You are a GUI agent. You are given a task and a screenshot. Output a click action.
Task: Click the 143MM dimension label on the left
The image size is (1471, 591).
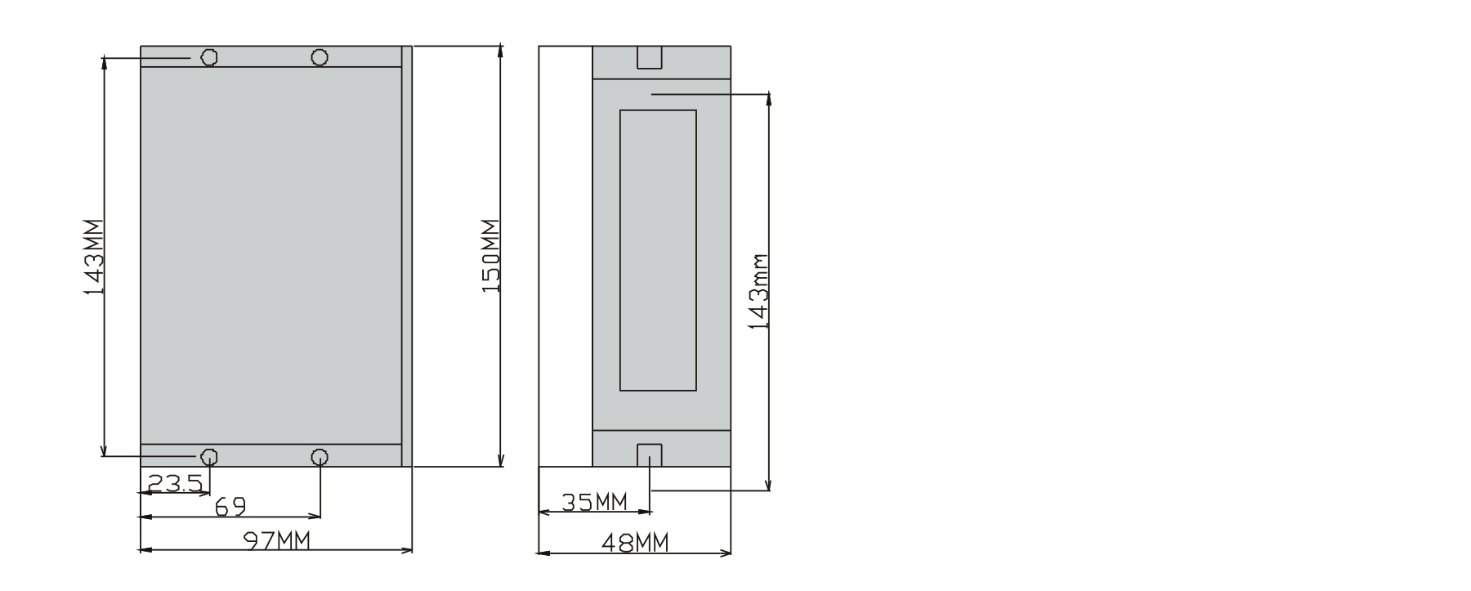pyautogui.click(x=94, y=257)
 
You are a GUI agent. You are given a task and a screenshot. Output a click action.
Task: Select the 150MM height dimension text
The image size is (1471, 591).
pyautogui.click(x=490, y=256)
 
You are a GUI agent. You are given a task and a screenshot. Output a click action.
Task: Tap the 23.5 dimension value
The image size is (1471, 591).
pyautogui.click(x=175, y=484)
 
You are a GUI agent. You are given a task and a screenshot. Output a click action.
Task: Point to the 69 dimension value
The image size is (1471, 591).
pyautogui.click(x=230, y=508)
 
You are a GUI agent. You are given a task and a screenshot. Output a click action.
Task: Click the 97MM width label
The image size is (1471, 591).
pyautogui.click(x=277, y=540)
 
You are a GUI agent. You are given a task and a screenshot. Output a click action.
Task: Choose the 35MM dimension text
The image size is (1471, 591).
pyautogui.click(x=594, y=501)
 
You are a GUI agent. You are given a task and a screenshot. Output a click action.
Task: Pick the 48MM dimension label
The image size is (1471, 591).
pyautogui.click(x=634, y=543)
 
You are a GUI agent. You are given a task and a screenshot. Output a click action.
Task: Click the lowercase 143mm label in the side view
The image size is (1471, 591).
pyautogui.click(x=759, y=291)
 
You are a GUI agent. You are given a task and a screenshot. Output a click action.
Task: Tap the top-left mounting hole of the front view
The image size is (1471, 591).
pyautogui.click(x=209, y=57)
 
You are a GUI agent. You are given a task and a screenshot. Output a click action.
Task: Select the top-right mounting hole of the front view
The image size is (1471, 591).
pyautogui.click(x=320, y=57)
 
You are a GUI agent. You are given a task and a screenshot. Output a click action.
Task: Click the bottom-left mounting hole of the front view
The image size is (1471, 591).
pyautogui.click(x=209, y=456)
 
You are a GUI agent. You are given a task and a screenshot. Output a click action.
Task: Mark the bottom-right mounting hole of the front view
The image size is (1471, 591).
pyautogui.click(x=320, y=456)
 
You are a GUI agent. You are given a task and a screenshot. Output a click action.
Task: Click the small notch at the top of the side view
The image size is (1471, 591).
pyautogui.click(x=649, y=57)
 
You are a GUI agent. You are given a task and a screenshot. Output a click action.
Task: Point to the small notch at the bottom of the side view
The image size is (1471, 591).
pyautogui.click(x=649, y=455)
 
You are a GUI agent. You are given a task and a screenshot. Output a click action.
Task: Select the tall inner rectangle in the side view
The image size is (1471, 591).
pyautogui.click(x=658, y=250)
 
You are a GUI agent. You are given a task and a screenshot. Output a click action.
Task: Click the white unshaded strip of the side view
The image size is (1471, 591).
pyautogui.click(x=565, y=256)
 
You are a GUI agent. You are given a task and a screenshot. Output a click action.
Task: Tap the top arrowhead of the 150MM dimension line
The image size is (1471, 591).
pyautogui.click(x=500, y=51)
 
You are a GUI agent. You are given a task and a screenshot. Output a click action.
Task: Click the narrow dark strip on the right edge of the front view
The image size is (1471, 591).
pyautogui.click(x=407, y=256)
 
